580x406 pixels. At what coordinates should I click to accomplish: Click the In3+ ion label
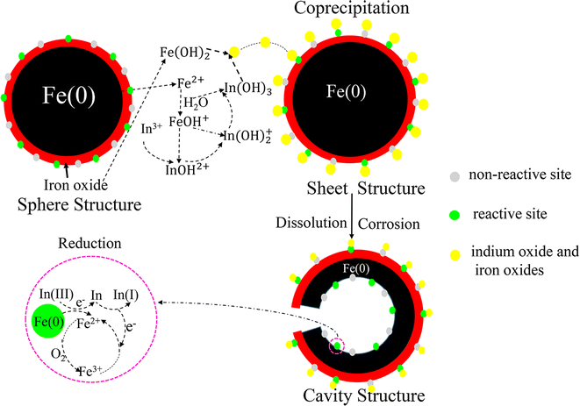tap(153, 129)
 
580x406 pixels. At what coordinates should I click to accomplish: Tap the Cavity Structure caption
tap(351, 395)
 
